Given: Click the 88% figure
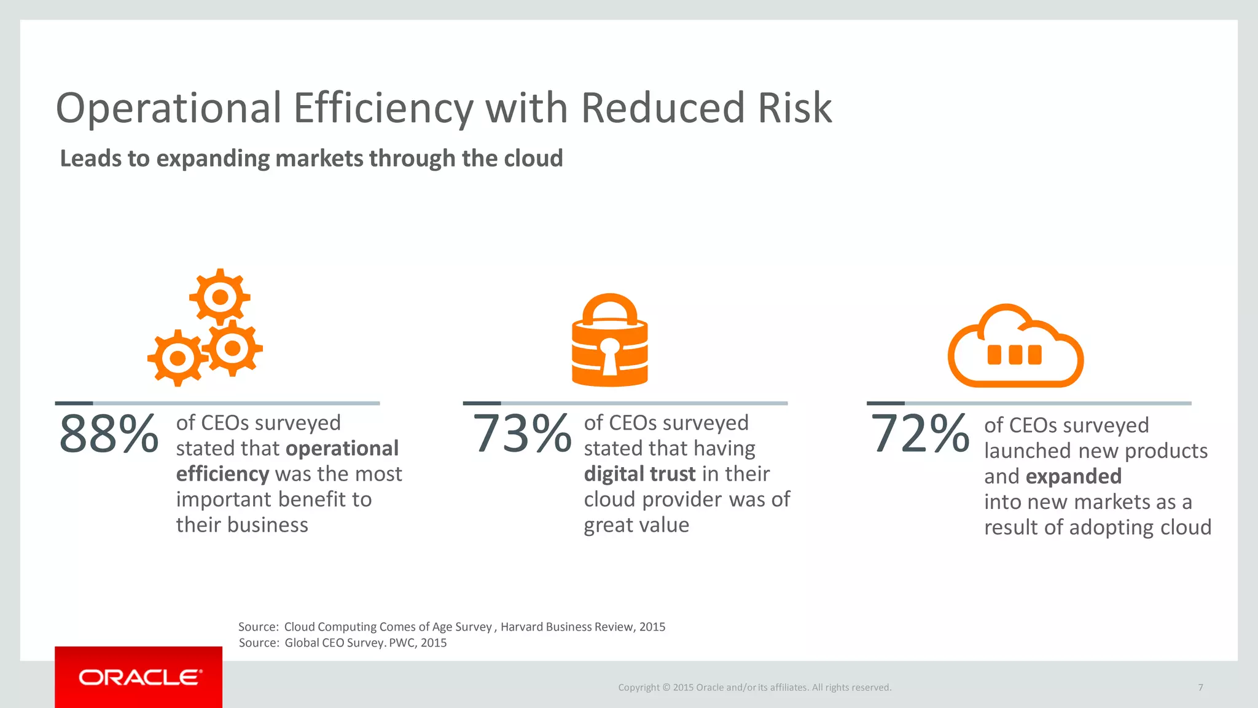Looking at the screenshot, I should pyautogui.click(x=109, y=434).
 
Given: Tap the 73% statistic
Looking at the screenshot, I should pyautogui.click(x=522, y=434).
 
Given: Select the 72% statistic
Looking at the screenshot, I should pyautogui.click(x=920, y=434).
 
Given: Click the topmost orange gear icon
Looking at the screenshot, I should pyautogui.click(x=220, y=297).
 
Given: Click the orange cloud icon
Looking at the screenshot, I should pyautogui.click(x=1015, y=347).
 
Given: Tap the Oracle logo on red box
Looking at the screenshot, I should pyautogui.click(x=139, y=677).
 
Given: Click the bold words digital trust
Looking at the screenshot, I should pyautogui.click(x=639, y=474).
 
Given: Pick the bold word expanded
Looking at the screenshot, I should pyautogui.click(x=1074, y=476).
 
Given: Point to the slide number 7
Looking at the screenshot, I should pyautogui.click(x=1200, y=687).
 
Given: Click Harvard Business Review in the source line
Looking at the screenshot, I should pyautogui.click(x=566, y=627).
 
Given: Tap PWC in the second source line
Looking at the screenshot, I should pyautogui.click(x=402, y=643).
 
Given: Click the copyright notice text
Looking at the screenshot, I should pyautogui.click(x=754, y=687).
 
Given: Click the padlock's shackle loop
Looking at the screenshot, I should pyautogui.click(x=609, y=308).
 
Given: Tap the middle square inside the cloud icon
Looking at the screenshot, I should pyautogui.click(x=1015, y=355).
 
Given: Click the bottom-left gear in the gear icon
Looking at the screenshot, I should pyautogui.click(x=178, y=358).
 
